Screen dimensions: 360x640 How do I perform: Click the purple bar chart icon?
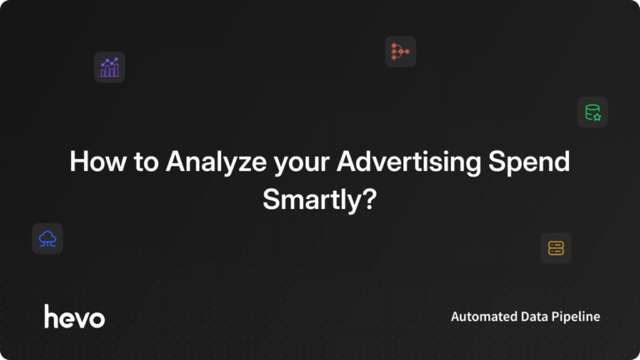pyautogui.click(x=109, y=67)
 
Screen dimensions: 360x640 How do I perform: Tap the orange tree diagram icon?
pyautogui.click(x=400, y=52)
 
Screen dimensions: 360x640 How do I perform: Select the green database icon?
pyautogui.click(x=592, y=112)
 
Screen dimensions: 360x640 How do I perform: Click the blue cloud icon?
pyautogui.click(x=47, y=239)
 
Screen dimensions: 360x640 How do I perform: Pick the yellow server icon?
pyautogui.click(x=556, y=247)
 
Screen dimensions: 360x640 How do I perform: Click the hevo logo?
pyautogui.click(x=74, y=317)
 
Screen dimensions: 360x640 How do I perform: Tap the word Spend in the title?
pyautogui.click(x=531, y=162)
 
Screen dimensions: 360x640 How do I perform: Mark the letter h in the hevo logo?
pyautogui.click(x=51, y=316)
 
